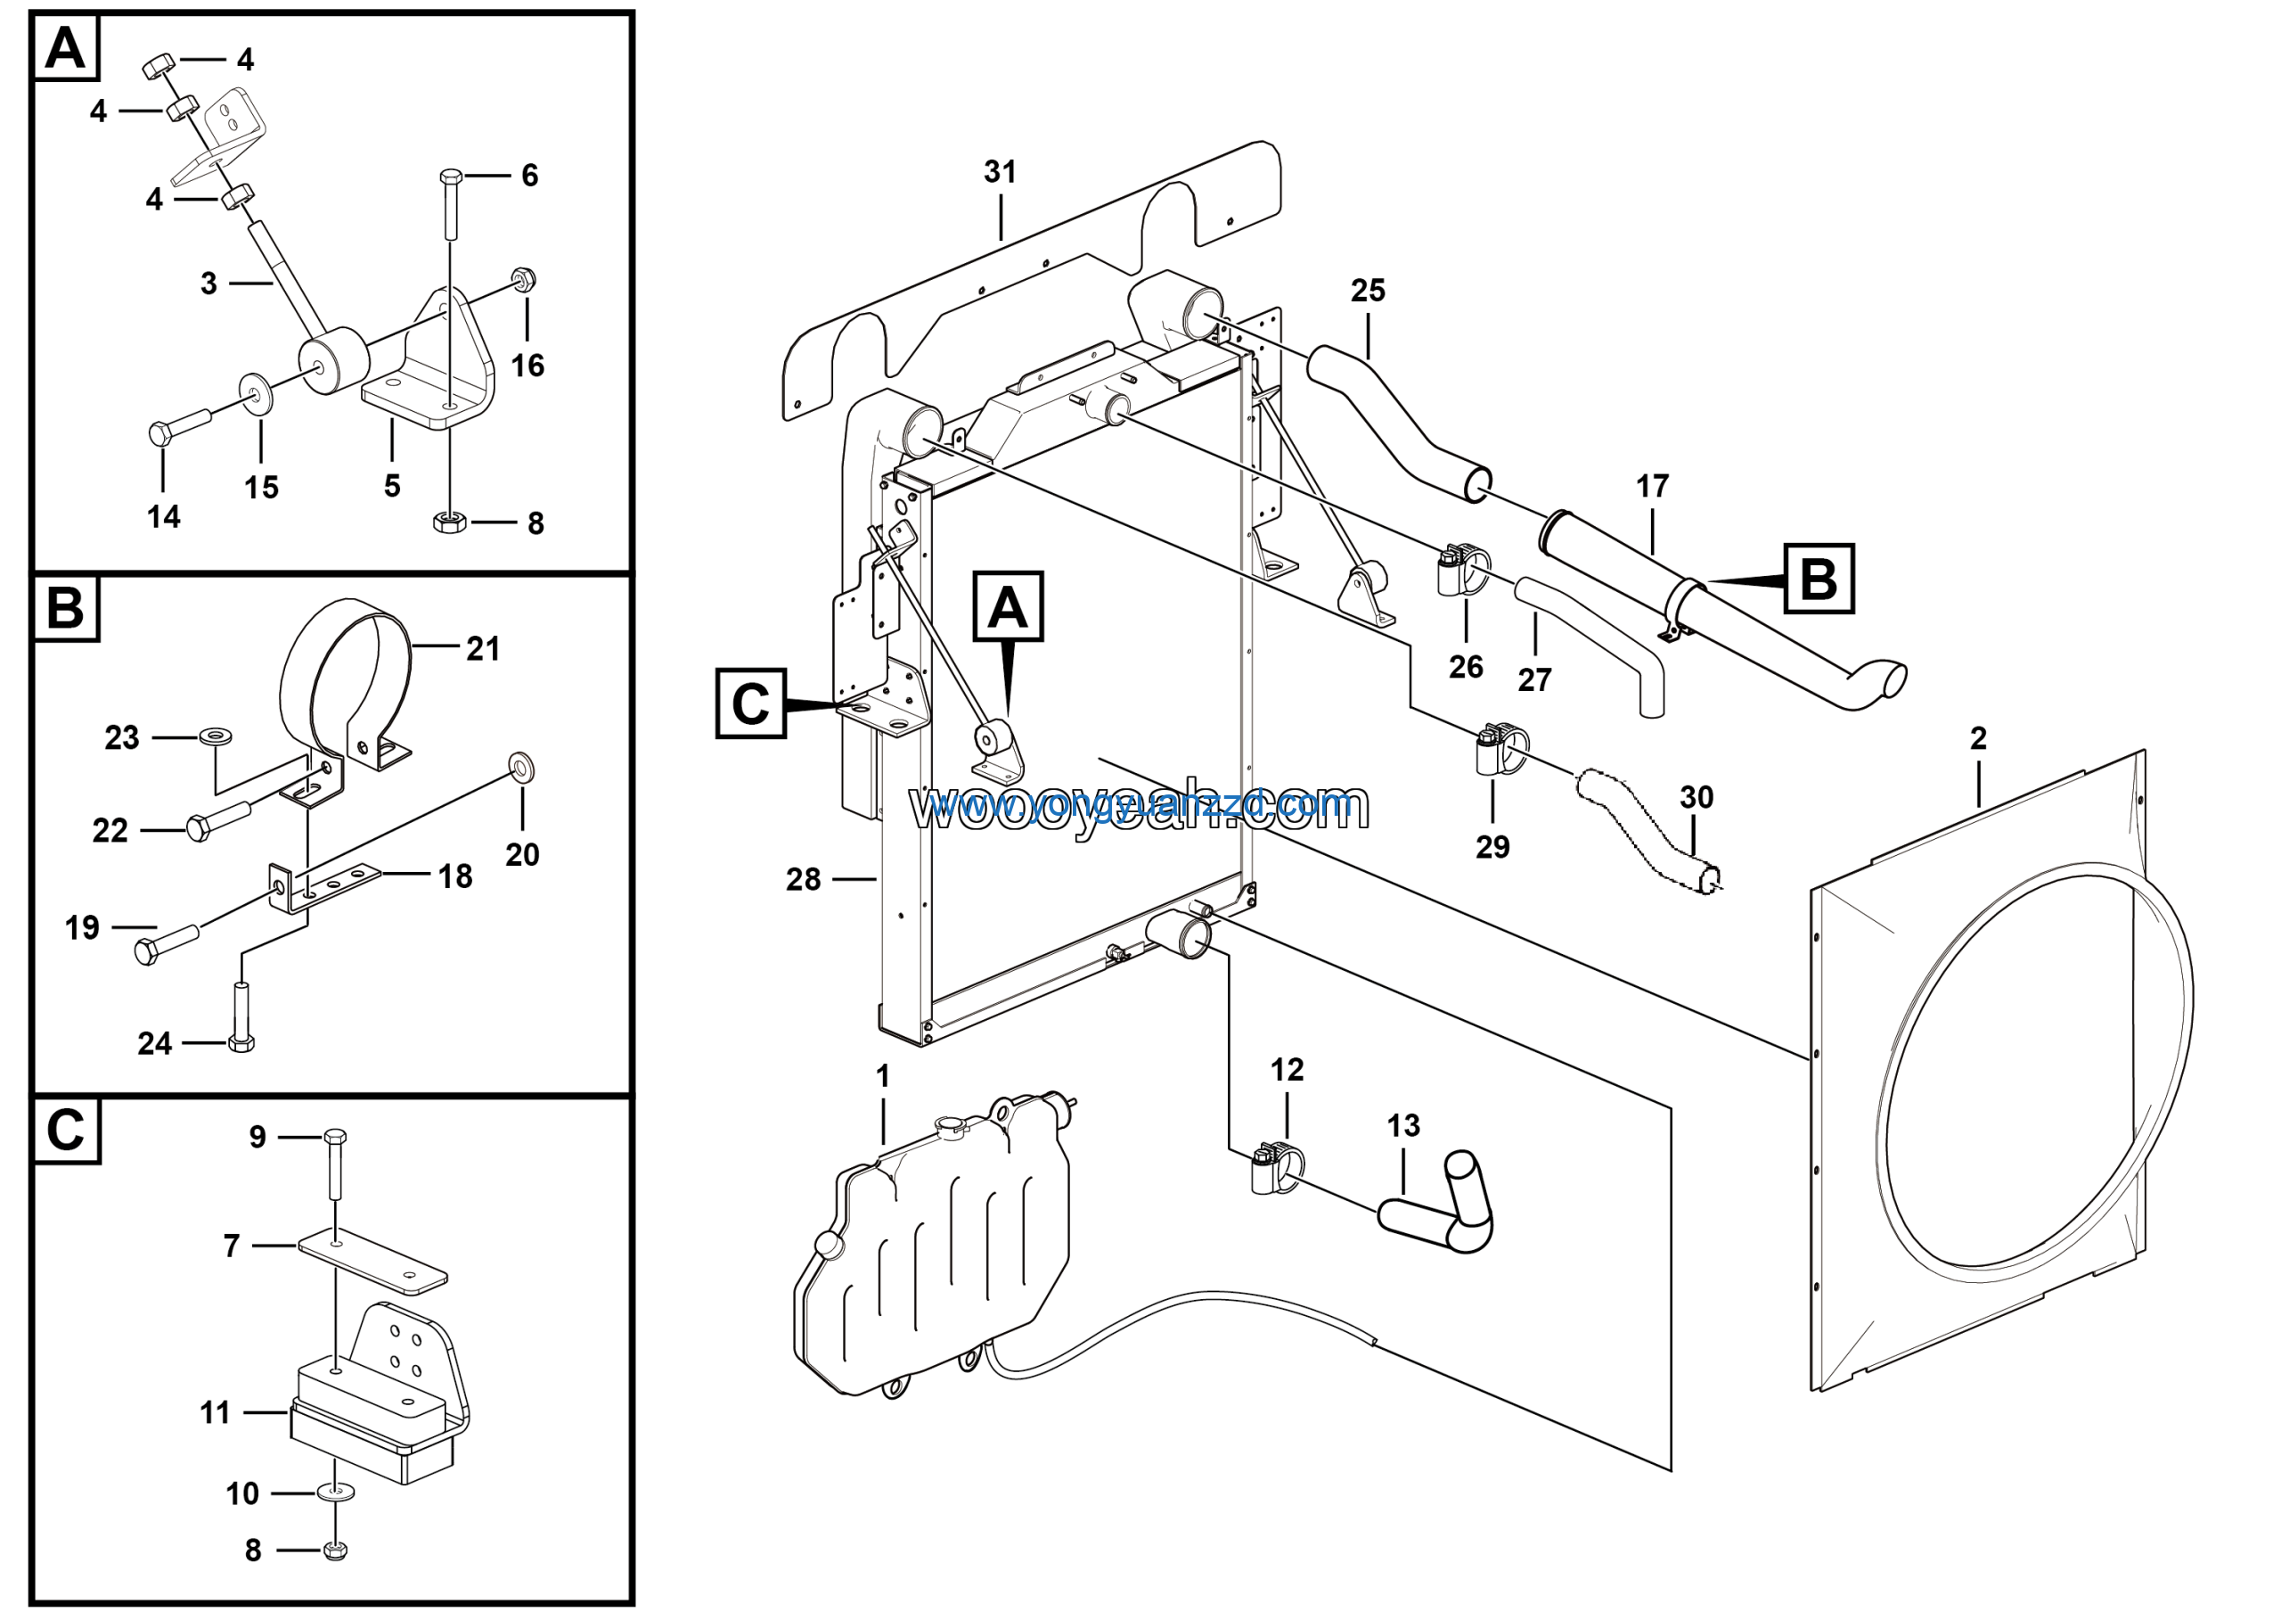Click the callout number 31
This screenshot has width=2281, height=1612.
pyautogui.click(x=1000, y=172)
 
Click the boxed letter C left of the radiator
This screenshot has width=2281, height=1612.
pyautogui.click(x=750, y=703)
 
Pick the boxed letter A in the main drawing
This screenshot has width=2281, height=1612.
pyautogui.click(x=1008, y=606)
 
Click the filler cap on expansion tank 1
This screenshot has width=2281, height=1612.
pyautogui.click(x=951, y=1125)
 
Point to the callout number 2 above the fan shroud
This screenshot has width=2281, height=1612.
pyautogui.click(x=1977, y=738)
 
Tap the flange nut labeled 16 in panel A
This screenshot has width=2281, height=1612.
pyautogui.click(x=524, y=280)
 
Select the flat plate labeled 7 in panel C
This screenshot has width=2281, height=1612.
pyautogui.click(x=372, y=1265)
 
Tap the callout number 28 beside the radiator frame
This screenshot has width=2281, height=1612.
pyautogui.click(x=803, y=878)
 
